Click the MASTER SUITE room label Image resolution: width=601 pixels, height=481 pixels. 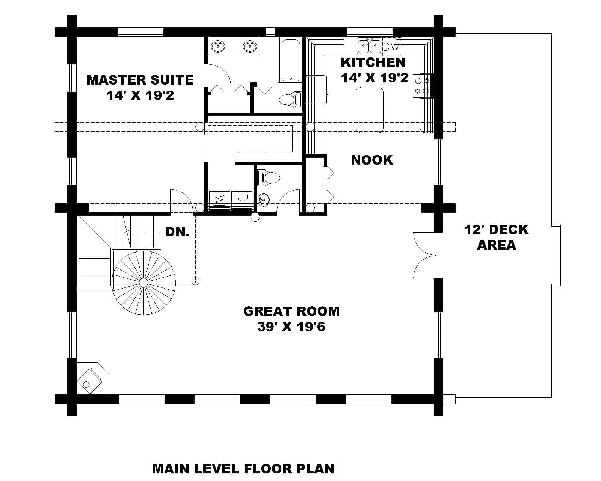pos(140,80)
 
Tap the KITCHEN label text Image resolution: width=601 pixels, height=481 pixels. pos(373,62)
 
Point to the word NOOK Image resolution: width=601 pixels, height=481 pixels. pos(372,160)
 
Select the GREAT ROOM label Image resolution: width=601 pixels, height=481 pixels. pos(291,312)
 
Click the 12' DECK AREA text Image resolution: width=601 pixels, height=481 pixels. pos(496,237)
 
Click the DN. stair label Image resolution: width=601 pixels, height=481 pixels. pos(178,232)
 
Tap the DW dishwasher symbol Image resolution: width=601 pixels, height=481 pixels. pos(391,47)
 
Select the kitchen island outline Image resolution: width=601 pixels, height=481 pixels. pos(369,110)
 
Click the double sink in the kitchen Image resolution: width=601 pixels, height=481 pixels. pos(369,47)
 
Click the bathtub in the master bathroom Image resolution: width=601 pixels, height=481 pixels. pos(291,60)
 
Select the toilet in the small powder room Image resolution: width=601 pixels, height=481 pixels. pos(269,178)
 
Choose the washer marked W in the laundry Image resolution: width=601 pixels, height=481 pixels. pos(219,198)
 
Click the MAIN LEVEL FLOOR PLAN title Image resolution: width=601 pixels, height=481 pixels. pos(243,469)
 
